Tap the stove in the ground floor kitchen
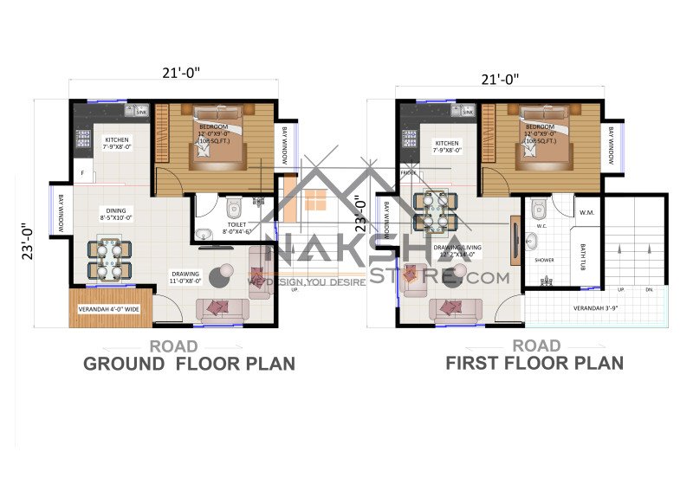[84, 138]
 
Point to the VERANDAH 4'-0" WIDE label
[109, 309]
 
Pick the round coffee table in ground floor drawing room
[223, 273]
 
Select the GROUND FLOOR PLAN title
[189, 364]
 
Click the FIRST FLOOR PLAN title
[534, 364]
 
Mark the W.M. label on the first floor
[586, 212]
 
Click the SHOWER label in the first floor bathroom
[544, 259]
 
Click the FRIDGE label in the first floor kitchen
[408, 172]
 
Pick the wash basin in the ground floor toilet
[203, 234]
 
